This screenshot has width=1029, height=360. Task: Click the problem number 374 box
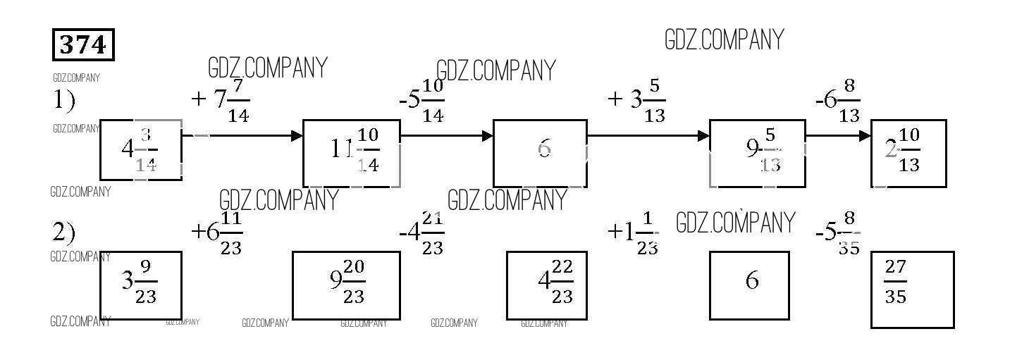(83, 45)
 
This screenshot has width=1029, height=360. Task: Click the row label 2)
(64, 232)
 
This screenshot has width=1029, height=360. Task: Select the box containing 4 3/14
(141, 149)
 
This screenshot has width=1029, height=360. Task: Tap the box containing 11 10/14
(352, 153)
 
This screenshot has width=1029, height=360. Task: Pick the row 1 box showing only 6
(540, 153)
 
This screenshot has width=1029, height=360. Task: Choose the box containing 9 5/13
(757, 153)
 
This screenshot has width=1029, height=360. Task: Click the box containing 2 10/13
(908, 153)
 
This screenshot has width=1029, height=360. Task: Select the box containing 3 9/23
(141, 285)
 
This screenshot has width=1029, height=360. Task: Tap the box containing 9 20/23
(347, 285)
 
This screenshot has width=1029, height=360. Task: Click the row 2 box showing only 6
(749, 285)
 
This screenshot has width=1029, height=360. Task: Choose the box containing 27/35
(912, 289)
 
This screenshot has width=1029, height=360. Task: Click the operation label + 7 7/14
(221, 101)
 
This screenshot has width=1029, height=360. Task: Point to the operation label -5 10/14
(421, 101)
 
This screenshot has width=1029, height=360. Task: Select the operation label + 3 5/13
(636, 101)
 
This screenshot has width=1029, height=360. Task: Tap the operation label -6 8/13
(838, 101)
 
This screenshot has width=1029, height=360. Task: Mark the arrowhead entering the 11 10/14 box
(297, 136)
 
